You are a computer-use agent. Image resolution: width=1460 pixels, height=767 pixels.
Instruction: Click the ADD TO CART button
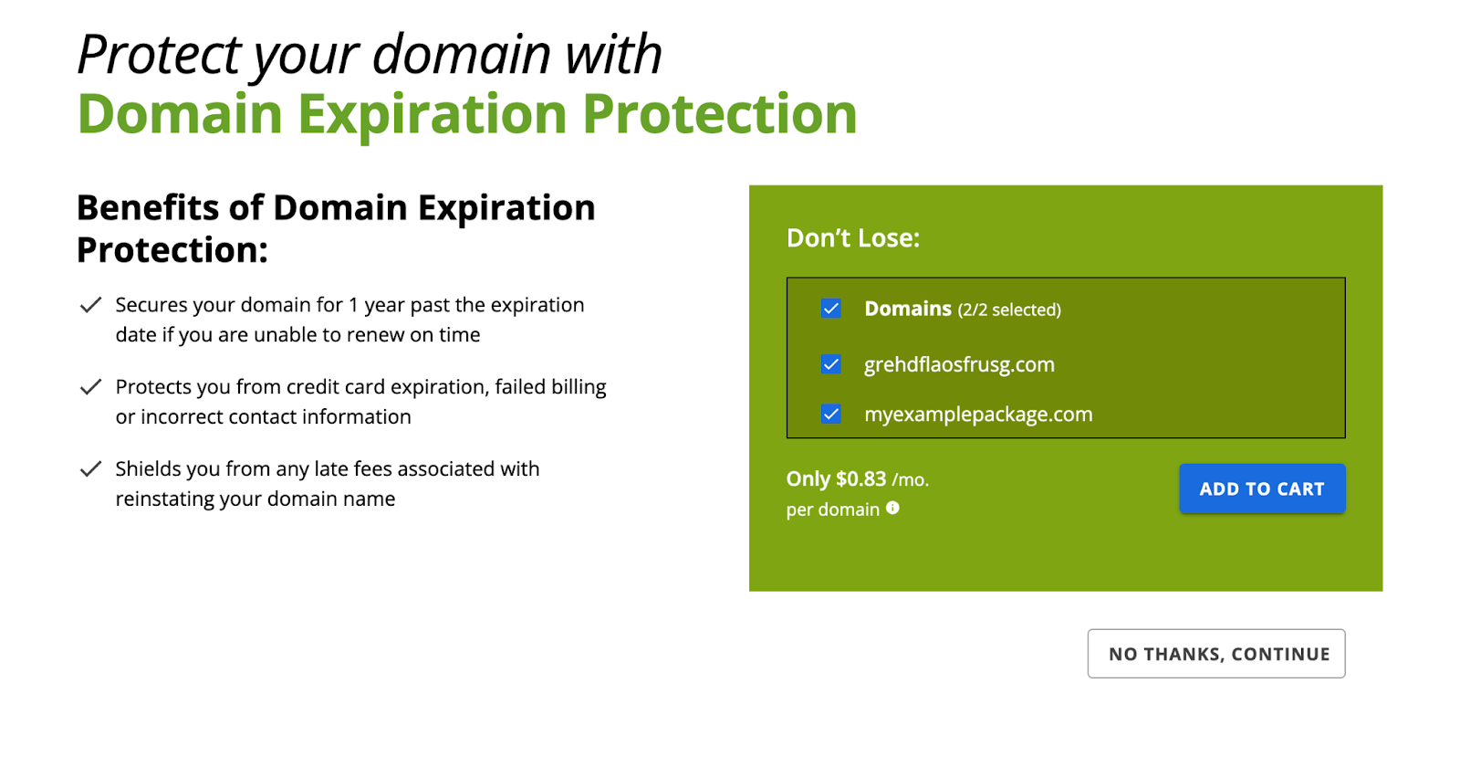tap(1262, 489)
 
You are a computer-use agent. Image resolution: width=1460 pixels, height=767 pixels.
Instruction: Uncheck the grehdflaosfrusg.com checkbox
tap(831, 364)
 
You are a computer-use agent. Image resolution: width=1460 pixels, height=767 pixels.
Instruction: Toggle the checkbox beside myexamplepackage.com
tap(831, 415)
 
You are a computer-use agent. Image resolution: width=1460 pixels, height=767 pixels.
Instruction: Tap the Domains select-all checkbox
tap(831, 309)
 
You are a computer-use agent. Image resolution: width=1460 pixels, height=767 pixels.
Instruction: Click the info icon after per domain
tap(893, 508)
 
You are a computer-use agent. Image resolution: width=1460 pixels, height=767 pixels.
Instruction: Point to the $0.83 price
tap(861, 479)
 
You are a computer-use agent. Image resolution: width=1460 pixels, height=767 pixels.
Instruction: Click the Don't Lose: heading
tap(852, 238)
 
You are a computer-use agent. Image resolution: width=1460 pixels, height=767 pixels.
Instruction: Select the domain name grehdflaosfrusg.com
tap(959, 364)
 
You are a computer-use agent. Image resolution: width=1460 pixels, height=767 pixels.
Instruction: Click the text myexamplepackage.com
tap(978, 415)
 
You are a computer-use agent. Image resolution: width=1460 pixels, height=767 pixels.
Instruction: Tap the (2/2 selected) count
tap(1009, 310)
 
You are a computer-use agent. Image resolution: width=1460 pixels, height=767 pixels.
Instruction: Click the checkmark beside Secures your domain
tap(90, 305)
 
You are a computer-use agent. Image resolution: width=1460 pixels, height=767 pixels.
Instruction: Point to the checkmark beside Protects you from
tap(90, 387)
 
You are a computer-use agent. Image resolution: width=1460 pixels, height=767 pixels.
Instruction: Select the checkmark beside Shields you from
tap(90, 469)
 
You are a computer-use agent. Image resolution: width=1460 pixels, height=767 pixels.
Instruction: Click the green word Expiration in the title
tap(433, 115)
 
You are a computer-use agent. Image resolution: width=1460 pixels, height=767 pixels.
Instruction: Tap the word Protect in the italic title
tap(159, 55)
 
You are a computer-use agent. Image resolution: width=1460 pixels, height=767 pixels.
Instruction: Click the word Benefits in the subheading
tap(148, 208)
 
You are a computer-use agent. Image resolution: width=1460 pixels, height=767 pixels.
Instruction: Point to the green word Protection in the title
tap(720, 114)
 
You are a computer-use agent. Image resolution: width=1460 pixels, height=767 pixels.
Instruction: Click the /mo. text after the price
tap(911, 480)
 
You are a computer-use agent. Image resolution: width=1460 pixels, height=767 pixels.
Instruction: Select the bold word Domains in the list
tap(908, 309)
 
